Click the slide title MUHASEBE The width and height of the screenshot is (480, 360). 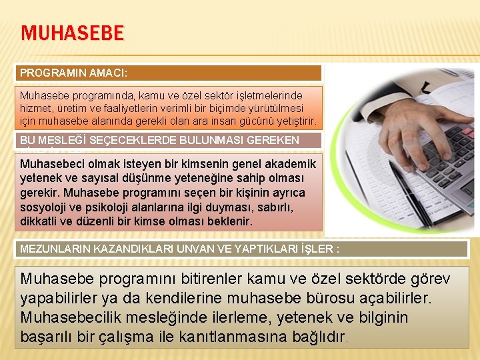pyautogui.click(x=72, y=33)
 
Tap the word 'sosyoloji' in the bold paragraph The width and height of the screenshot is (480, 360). pyautogui.click(x=45, y=206)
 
